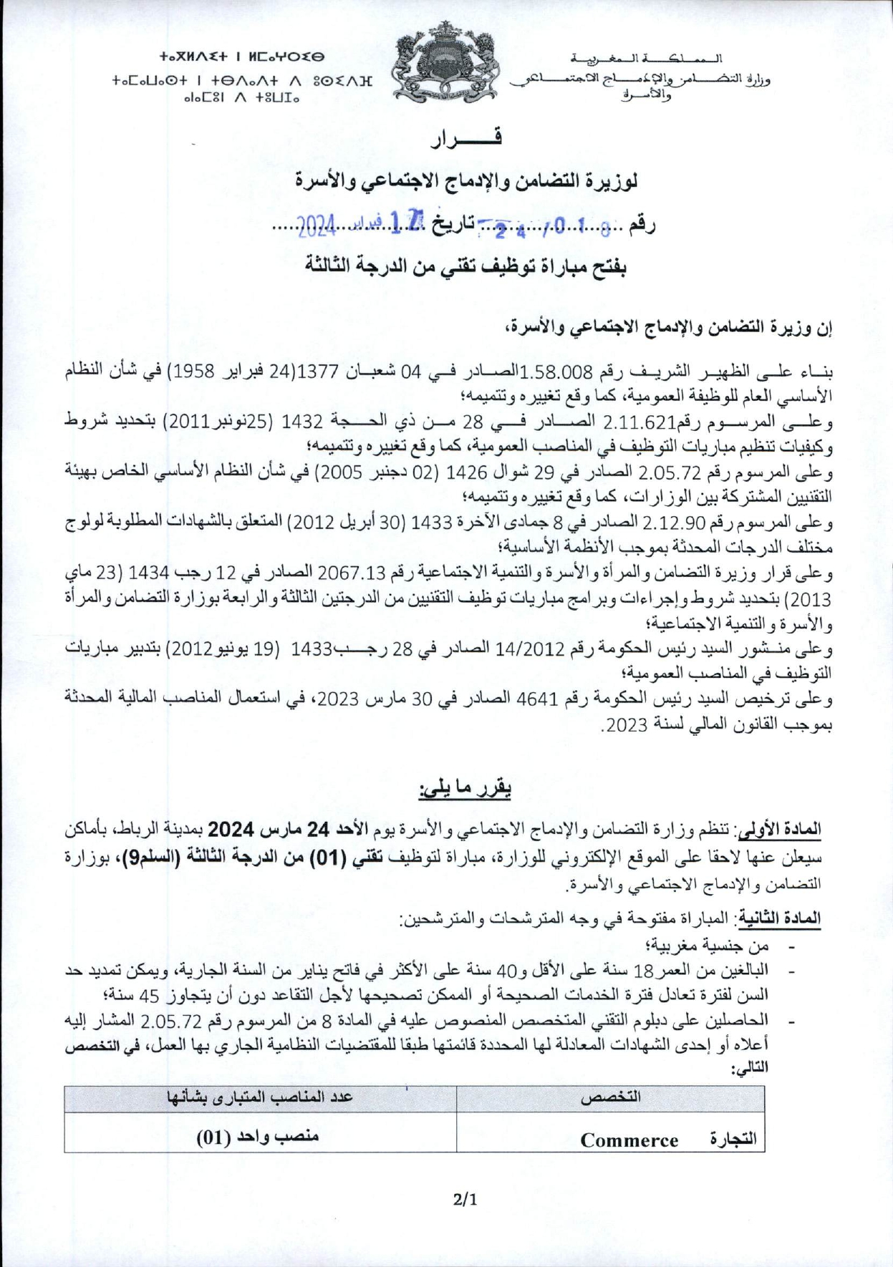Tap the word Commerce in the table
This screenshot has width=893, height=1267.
coord(629,1140)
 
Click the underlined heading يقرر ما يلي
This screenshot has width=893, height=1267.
coord(465,788)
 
